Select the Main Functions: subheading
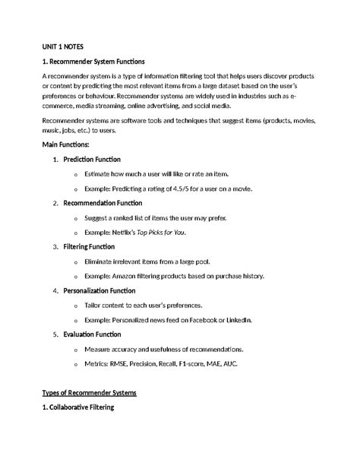[65, 144]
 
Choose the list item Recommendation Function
[103, 203]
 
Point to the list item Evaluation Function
[92, 334]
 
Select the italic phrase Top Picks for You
[162, 232]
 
